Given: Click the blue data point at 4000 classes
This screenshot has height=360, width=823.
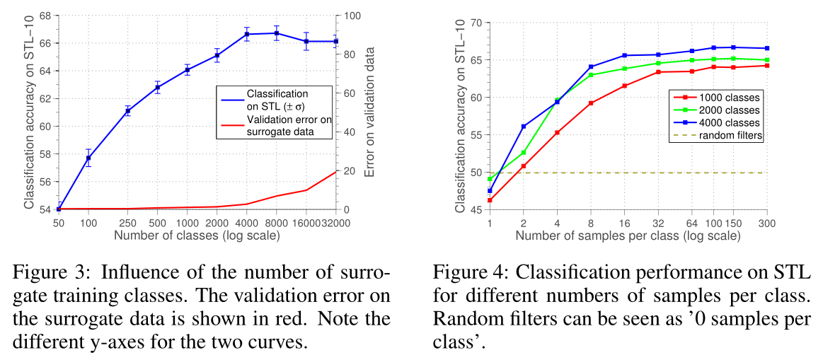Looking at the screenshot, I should click(x=247, y=34).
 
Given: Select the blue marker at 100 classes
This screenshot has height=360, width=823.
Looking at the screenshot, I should click(x=88, y=158).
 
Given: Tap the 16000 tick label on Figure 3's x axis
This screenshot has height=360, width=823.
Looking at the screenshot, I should click(x=306, y=223).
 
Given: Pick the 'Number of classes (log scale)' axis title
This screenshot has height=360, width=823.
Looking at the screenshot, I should click(x=197, y=235).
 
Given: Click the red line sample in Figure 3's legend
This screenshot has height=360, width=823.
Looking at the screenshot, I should click(x=231, y=126).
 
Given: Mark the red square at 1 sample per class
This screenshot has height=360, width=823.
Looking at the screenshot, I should click(x=490, y=200).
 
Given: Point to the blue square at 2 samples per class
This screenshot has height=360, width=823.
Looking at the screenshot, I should click(x=524, y=127).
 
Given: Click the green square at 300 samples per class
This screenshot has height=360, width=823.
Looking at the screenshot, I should click(x=767, y=60).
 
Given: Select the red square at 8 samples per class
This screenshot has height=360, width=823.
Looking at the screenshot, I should click(x=591, y=103).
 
